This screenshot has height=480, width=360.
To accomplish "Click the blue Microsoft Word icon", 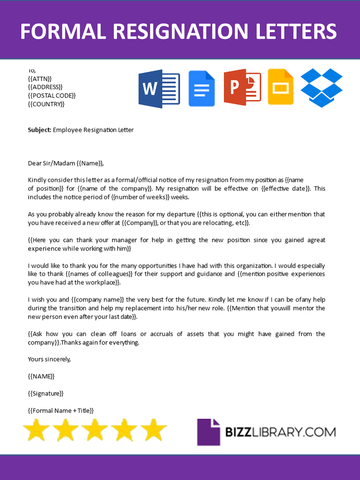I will (159, 89).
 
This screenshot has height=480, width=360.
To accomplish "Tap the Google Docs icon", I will (201, 88).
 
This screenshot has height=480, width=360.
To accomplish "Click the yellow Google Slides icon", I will (281, 87).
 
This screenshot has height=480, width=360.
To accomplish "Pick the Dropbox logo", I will (322, 88).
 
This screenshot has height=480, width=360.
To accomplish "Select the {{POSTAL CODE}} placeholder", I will (52, 95).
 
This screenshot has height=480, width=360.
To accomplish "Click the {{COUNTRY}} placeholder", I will (46, 104).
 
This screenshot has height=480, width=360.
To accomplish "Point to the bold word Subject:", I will (39, 130).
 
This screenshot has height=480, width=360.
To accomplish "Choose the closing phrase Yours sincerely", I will (49, 359).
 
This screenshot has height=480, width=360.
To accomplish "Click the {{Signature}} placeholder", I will (46, 393).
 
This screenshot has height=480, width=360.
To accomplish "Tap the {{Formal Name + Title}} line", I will (61, 411).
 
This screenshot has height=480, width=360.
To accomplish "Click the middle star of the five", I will (95, 430).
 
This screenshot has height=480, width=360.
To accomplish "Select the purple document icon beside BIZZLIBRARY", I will (208, 431).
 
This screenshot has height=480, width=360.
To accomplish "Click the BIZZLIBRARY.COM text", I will (280, 431).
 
